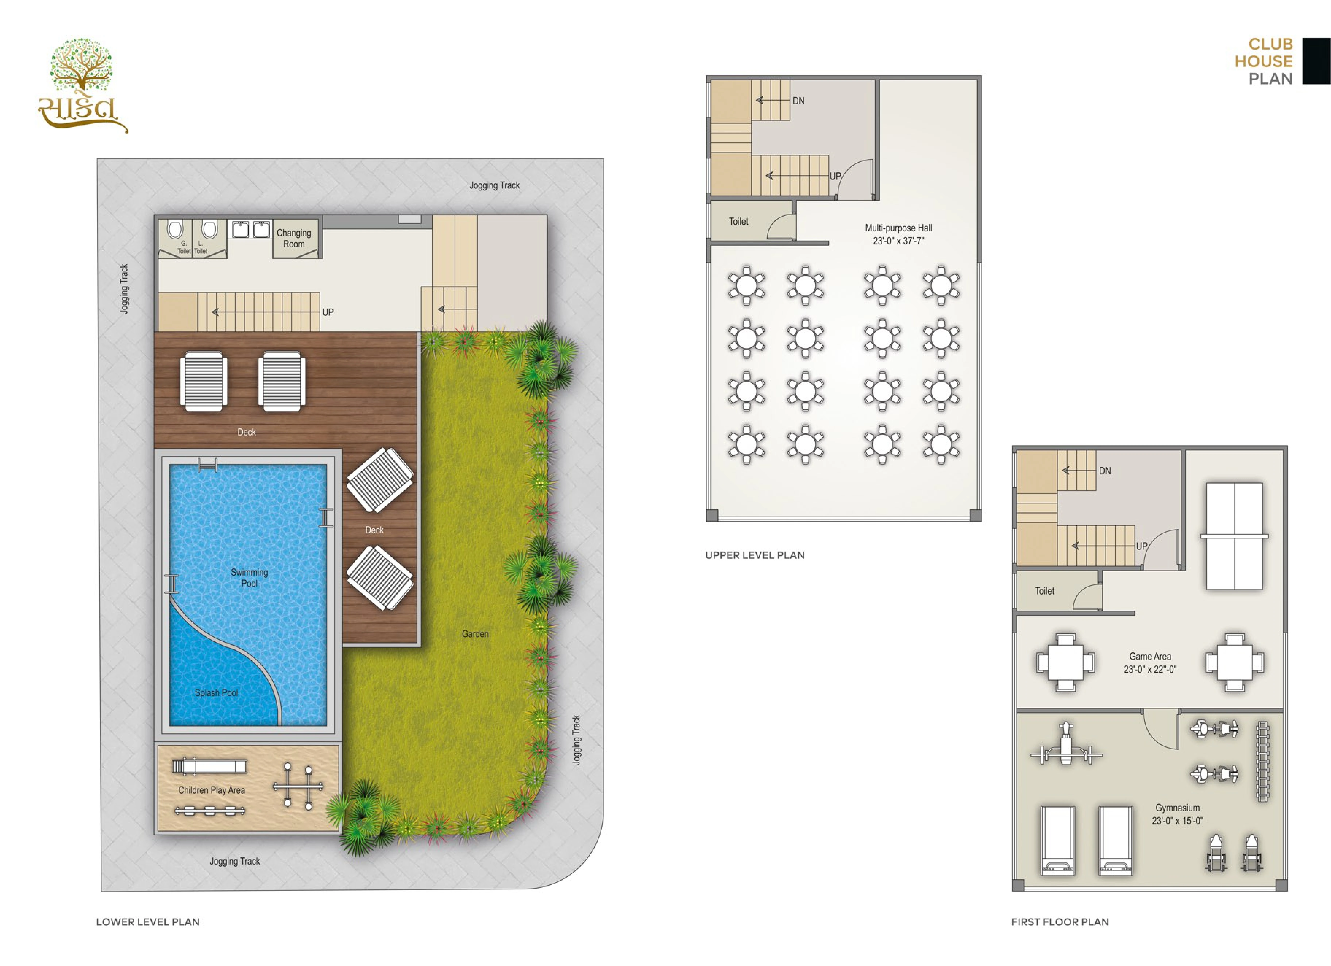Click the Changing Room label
coord(294,238)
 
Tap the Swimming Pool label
coord(249,578)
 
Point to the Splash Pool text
coord(216,692)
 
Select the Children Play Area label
coord(211,790)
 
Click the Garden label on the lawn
coord(475,634)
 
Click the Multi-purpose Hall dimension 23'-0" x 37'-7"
coord(899,241)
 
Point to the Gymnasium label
coord(1177,807)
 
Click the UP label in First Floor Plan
coord(1142,546)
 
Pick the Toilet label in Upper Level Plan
coord(738,221)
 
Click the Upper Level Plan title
coord(755,555)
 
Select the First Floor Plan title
coord(1060,922)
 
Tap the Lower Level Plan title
coord(148,922)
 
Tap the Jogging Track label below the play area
coord(235,861)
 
